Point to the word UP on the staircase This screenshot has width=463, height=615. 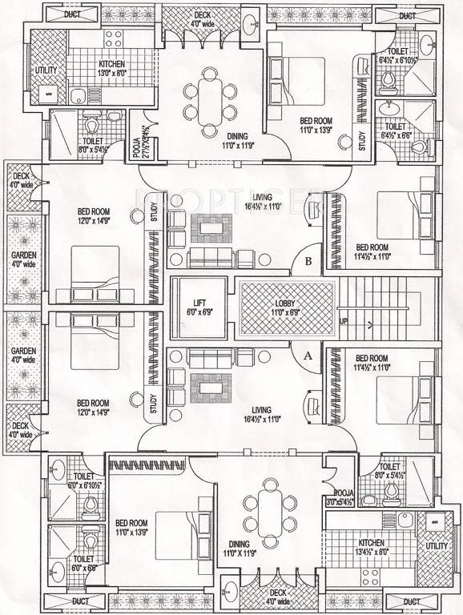click(344, 322)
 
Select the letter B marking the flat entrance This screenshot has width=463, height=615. click(308, 259)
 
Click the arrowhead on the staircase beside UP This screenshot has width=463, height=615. click(370, 324)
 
